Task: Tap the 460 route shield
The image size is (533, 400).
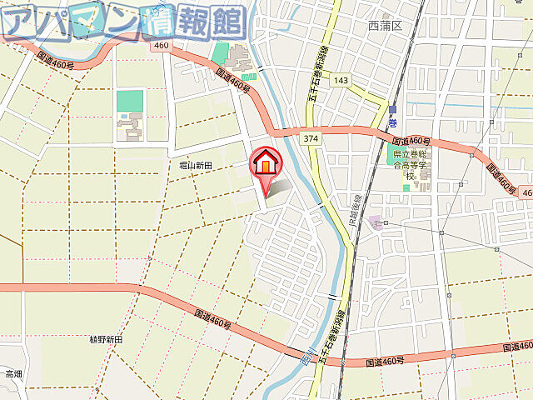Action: (161, 45)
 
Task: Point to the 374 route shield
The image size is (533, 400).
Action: (311, 137)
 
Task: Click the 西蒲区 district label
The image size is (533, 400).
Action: (385, 26)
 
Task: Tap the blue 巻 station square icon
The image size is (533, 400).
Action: (391, 108)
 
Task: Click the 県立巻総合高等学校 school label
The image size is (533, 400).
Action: (410, 159)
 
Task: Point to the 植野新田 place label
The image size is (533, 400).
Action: (106, 340)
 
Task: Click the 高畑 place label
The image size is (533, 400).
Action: (13, 373)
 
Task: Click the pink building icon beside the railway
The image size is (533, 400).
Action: (376, 222)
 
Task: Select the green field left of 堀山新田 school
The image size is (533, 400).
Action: (129, 101)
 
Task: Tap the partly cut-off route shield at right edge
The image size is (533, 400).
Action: (526, 192)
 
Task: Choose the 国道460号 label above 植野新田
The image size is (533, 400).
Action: (212, 319)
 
